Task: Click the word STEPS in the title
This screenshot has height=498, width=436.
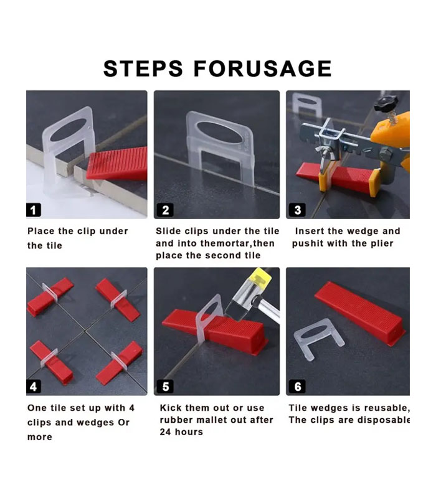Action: point(143,68)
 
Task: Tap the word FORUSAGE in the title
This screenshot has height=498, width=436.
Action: point(263,68)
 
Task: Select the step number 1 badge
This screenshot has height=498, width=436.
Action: point(34,210)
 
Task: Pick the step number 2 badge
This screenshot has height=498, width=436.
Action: point(166,210)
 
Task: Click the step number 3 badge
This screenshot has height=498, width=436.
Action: point(297,210)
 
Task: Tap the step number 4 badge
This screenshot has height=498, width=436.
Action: point(34,387)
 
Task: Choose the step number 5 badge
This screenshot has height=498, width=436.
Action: point(166,387)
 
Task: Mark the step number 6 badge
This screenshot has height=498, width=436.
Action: point(297,387)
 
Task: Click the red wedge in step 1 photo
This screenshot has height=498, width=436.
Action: point(118,164)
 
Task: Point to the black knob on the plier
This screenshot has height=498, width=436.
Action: point(386,104)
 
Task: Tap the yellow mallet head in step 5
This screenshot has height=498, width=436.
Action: point(261,278)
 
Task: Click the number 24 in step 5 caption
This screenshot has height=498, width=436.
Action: point(165,432)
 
